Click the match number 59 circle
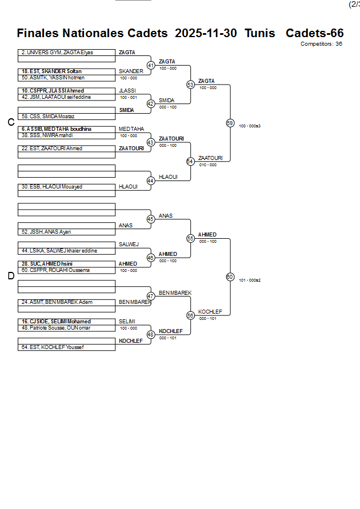tap(230, 123)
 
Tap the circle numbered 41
tap(151, 65)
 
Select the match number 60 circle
tap(230, 276)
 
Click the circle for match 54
tap(190, 161)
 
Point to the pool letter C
tap(10, 122)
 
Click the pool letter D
tap(10, 276)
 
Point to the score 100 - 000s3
tap(250, 126)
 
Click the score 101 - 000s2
tap(250, 280)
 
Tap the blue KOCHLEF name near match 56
tap(210, 312)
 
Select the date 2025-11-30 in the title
tap(206, 33)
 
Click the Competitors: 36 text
tap(321, 43)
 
